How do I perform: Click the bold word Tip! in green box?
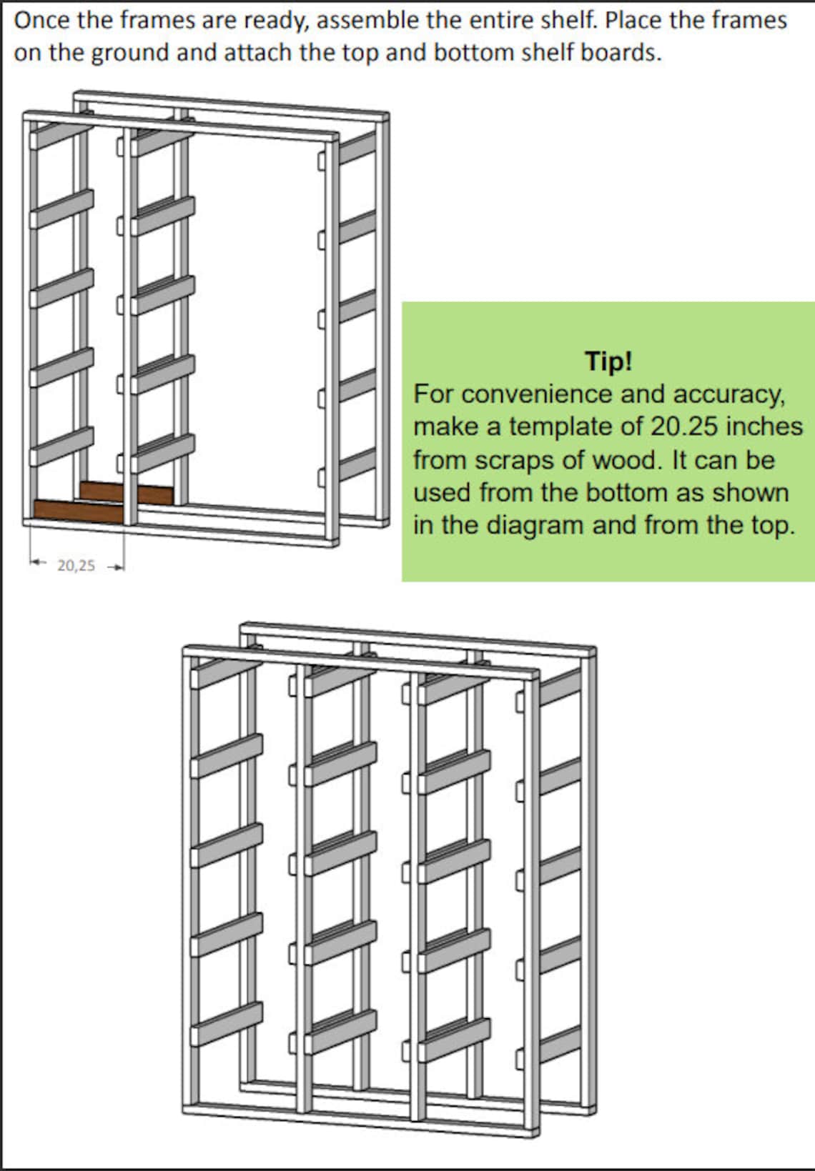pos(608,361)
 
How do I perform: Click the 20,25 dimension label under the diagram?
pos(76,566)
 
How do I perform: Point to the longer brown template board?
pos(79,509)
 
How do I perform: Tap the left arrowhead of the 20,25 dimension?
pos(33,563)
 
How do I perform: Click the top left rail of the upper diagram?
pos(62,134)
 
